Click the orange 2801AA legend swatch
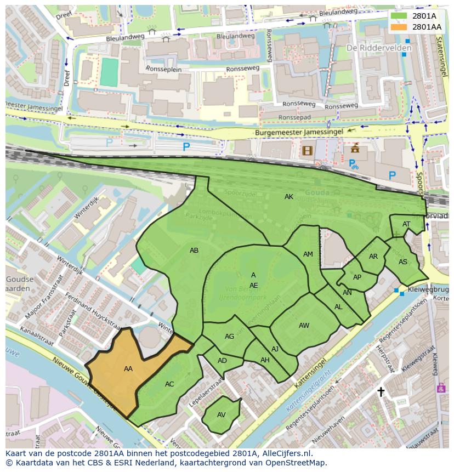[x=400, y=27]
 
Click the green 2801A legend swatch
[x=400, y=16]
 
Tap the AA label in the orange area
[x=128, y=369]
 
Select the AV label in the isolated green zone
[x=222, y=415]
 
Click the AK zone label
[x=289, y=197]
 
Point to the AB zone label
[x=194, y=251]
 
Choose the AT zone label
[x=406, y=224]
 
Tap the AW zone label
[x=304, y=326]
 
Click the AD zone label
[x=222, y=361]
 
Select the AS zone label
[x=403, y=262]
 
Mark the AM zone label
[x=308, y=254]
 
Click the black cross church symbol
[x=381, y=391]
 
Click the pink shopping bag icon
[x=441, y=388]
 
